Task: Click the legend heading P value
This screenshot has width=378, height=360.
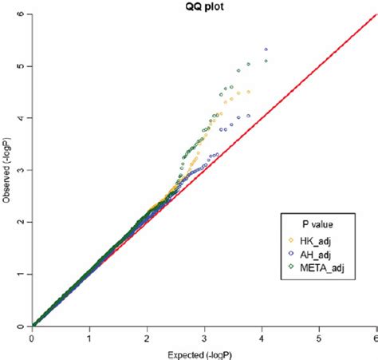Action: point(314,224)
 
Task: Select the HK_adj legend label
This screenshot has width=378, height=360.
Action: point(317,240)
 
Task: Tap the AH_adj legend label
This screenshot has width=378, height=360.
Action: point(317,255)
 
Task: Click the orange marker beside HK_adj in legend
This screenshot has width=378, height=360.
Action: point(292,240)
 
